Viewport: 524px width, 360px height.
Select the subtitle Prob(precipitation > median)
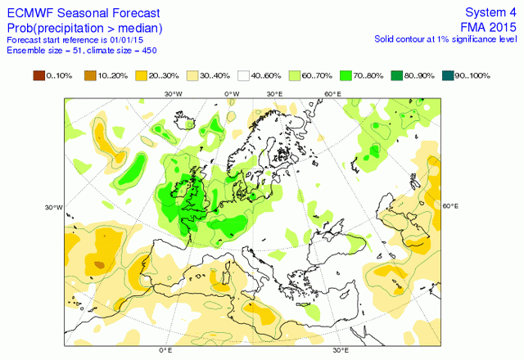84,29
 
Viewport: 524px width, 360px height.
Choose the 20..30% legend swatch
142,76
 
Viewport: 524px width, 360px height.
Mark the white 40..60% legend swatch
243,76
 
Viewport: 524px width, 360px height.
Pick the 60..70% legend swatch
295,76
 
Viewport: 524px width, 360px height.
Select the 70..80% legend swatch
346,76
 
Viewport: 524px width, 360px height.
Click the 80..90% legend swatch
396,76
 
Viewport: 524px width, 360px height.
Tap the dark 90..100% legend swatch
448,76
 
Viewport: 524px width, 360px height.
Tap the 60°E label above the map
332,94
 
